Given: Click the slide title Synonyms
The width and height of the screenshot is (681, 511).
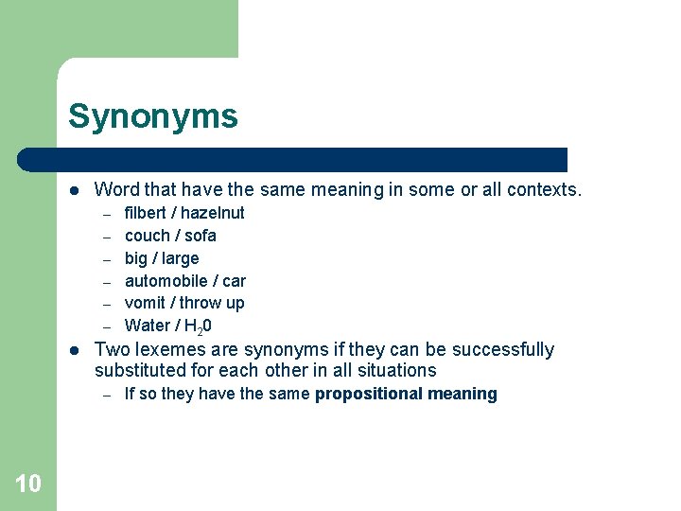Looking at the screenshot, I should [152, 117].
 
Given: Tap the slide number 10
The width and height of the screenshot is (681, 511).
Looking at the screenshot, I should [28, 484].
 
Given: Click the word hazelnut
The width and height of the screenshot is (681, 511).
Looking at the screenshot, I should [213, 213].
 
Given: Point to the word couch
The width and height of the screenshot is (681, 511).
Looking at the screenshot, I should [148, 236].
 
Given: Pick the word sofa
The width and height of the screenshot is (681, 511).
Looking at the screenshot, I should [201, 236].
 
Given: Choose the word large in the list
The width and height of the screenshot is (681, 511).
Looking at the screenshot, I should [180, 258].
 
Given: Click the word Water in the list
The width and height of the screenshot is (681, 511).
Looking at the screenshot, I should [148, 326].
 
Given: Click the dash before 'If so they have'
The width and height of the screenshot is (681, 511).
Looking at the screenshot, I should [108, 395].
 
